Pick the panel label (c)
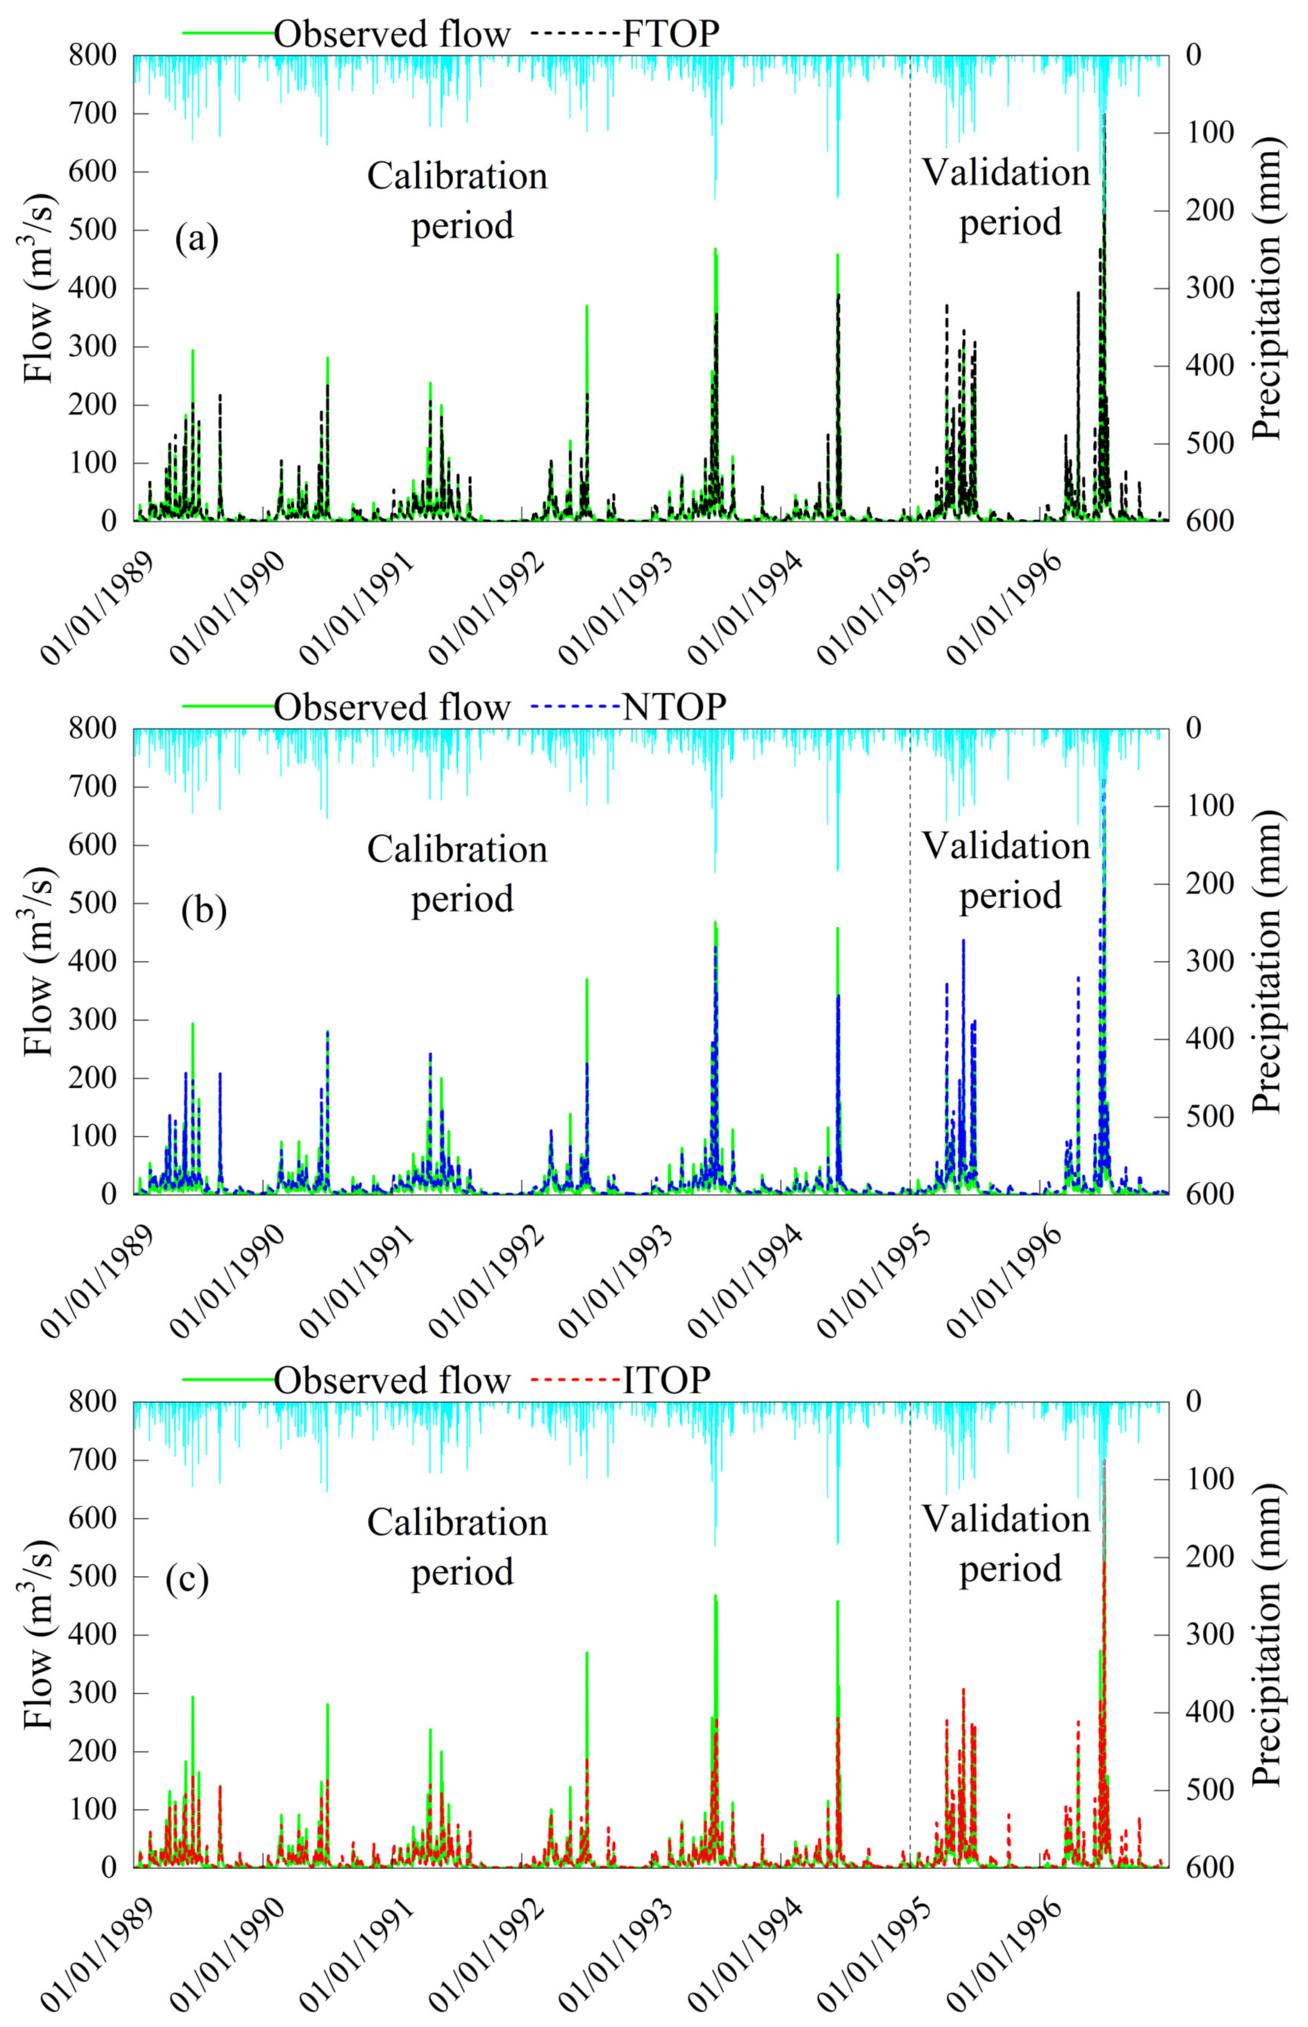(x=187, y=1579)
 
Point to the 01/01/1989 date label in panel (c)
(x=92, y=1954)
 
